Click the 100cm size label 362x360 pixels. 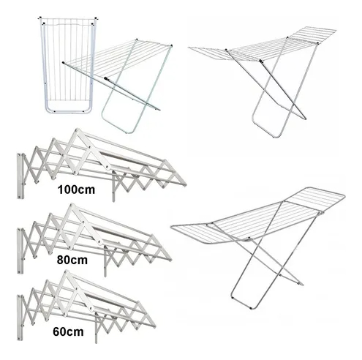(x=76, y=190)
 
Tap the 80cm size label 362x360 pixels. (x=72, y=260)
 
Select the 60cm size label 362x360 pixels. (x=68, y=332)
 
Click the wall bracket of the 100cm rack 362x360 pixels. (x=20, y=176)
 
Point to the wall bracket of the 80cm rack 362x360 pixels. (x=20, y=251)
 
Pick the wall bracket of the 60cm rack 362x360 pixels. (x=20, y=318)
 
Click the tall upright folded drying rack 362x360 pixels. (x=68, y=65)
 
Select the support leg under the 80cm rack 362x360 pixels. (x=105, y=261)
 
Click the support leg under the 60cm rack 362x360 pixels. (x=96, y=328)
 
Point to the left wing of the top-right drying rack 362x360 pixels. (x=207, y=53)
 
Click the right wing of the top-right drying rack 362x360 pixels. (x=313, y=35)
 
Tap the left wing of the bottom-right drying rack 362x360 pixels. (x=192, y=233)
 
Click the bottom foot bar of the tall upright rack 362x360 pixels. (x=68, y=112)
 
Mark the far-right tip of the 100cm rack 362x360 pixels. (x=186, y=185)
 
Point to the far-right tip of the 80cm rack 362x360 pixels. (x=171, y=260)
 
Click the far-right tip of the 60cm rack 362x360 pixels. (x=155, y=326)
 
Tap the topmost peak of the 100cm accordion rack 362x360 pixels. (x=78, y=130)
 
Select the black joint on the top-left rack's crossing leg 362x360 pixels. (x=106, y=78)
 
